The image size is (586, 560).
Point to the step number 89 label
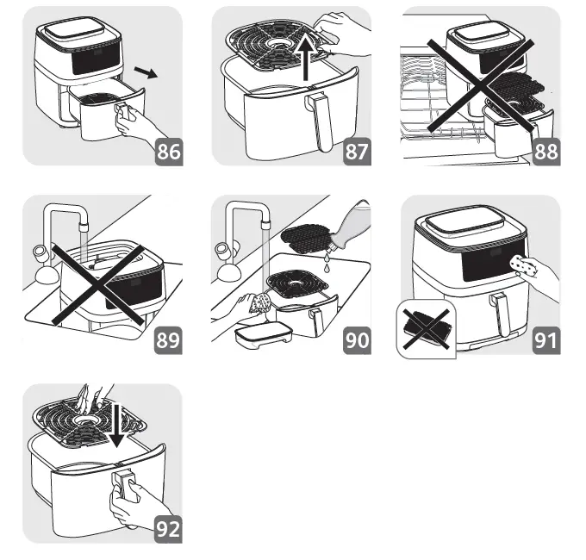point(169,339)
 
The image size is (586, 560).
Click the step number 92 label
point(169,528)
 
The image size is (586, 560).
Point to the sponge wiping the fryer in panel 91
point(521,264)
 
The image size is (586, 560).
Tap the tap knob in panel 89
point(40,256)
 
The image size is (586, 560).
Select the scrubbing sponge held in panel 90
point(258,304)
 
